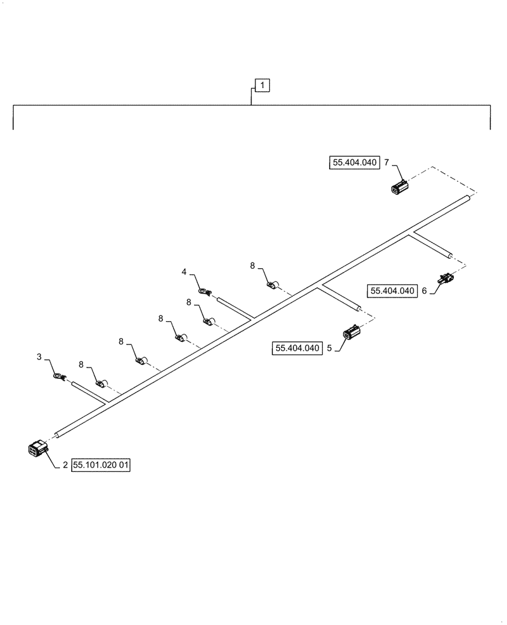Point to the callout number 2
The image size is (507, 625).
click(x=64, y=465)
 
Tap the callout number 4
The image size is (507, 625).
click(x=184, y=272)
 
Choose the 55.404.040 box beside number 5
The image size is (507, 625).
click(x=297, y=348)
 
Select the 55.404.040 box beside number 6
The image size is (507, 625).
click(x=393, y=291)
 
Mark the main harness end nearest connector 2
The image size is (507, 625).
click(x=57, y=433)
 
